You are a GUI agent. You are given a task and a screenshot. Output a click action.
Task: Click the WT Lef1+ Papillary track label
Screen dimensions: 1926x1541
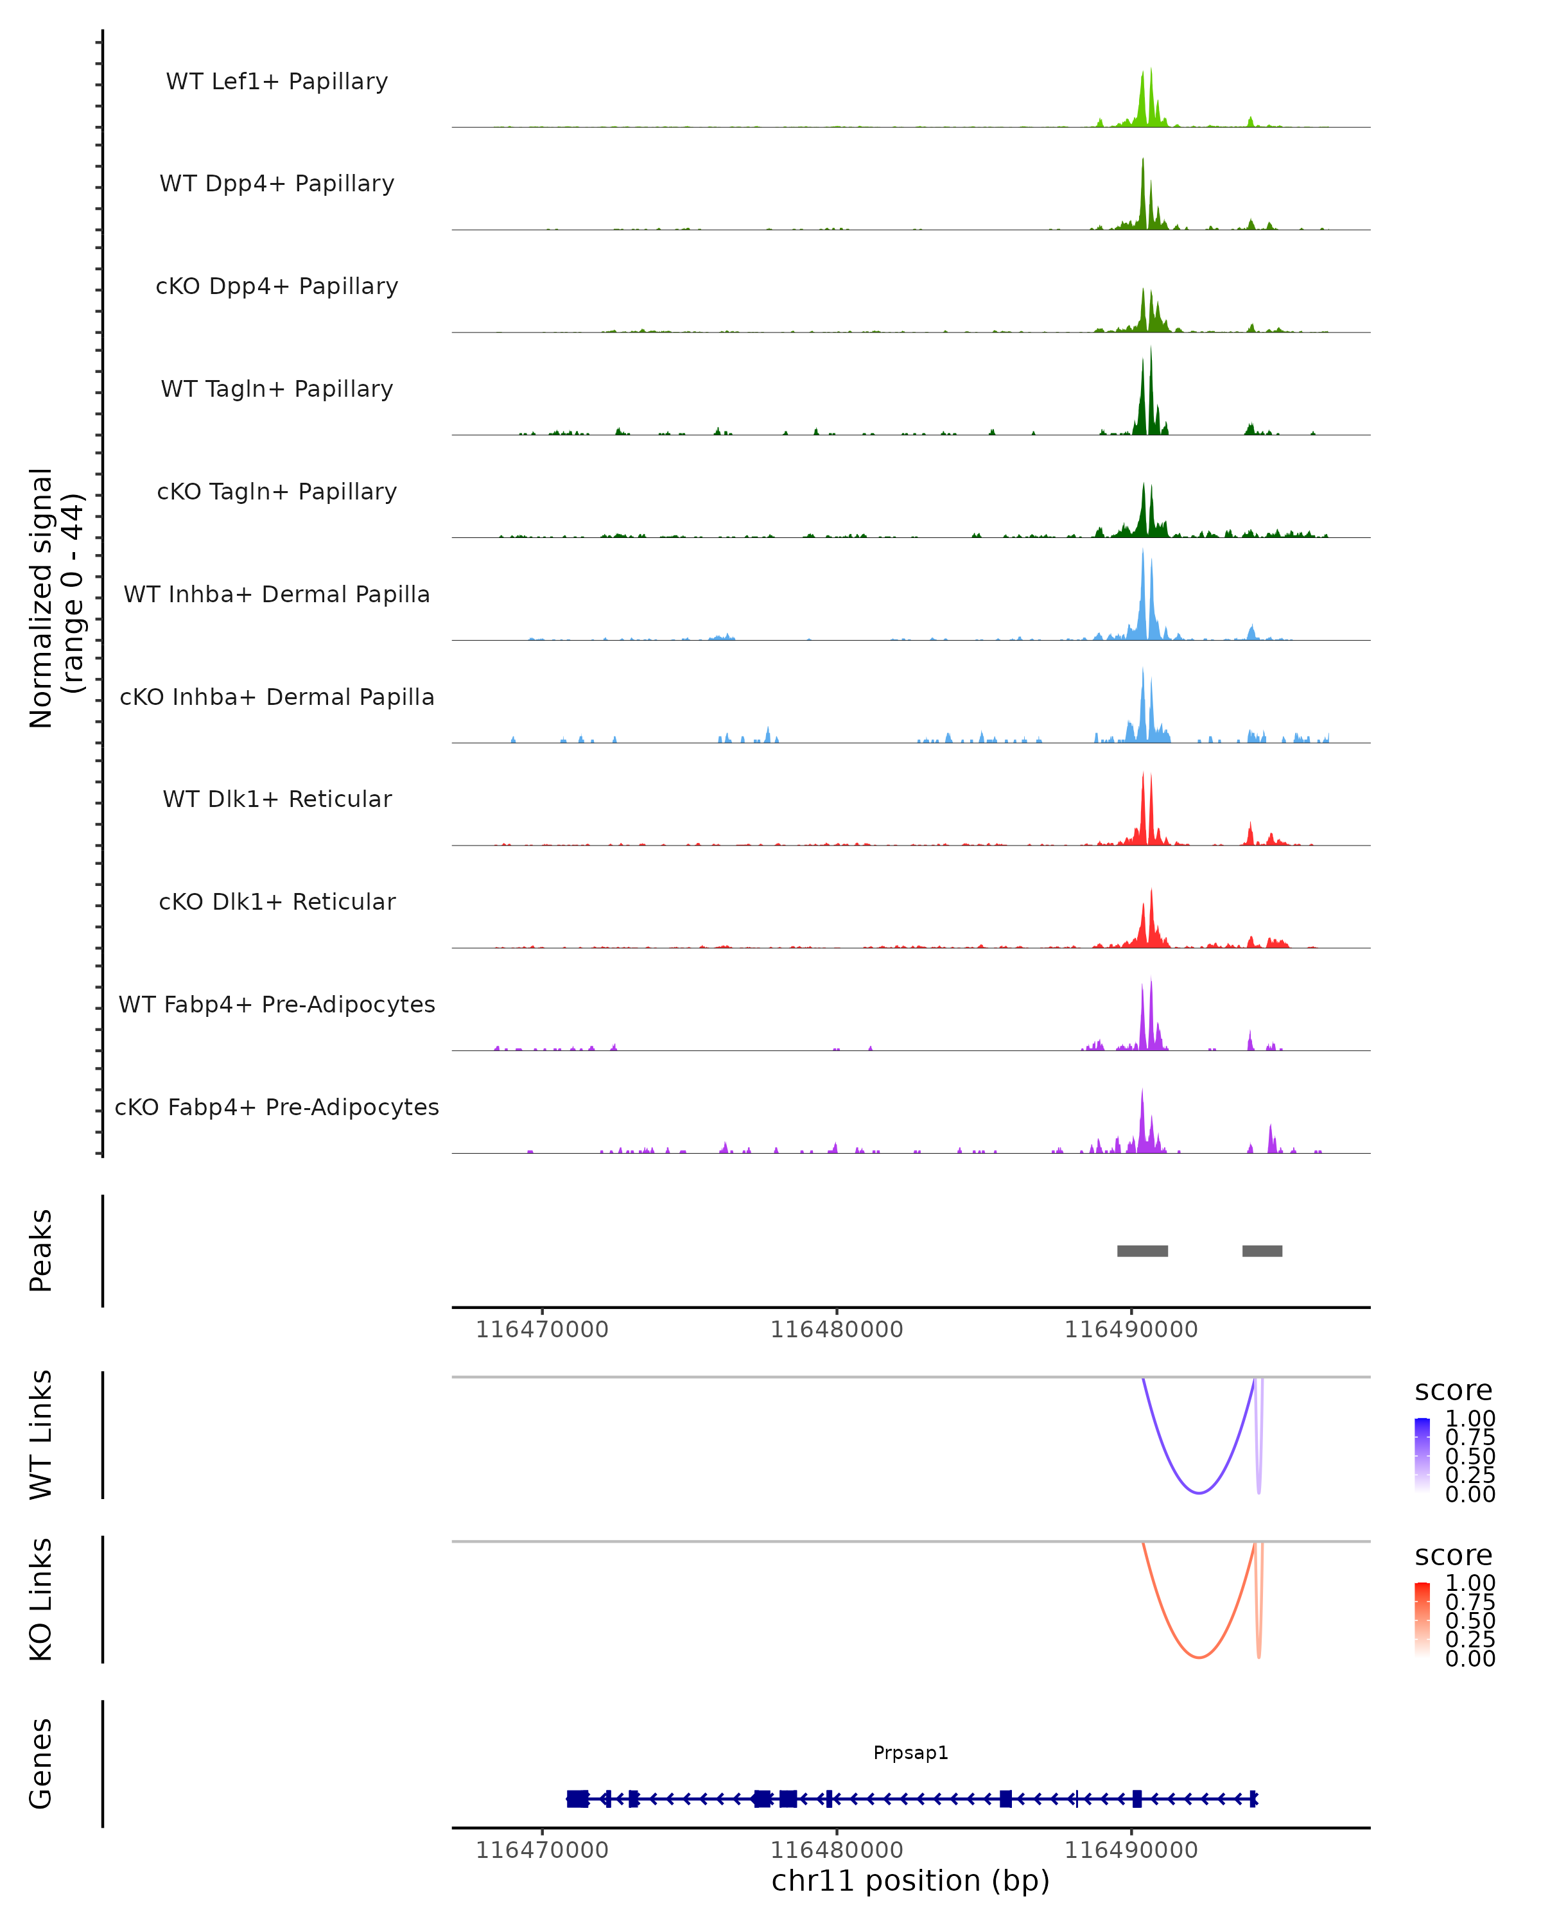(277, 82)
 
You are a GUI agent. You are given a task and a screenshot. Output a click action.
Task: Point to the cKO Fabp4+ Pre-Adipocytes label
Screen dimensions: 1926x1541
(277, 1107)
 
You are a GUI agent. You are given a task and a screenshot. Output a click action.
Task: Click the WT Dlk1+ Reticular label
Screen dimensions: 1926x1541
(277, 799)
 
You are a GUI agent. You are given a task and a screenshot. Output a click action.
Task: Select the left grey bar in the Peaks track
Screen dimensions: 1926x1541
(1142, 1251)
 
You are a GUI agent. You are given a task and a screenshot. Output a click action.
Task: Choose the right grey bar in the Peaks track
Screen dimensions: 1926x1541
(1262, 1251)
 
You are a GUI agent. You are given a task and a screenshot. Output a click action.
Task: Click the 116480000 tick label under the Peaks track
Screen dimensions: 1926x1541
(837, 1330)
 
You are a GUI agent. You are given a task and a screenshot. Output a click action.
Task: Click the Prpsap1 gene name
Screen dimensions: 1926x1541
(910, 1753)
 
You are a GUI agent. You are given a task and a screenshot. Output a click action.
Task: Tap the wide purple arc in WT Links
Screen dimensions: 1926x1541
(1199, 1493)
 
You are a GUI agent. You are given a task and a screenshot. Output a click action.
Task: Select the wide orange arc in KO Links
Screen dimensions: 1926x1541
(1199, 1657)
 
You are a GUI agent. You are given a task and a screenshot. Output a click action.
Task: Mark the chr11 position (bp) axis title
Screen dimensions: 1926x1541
(910, 1881)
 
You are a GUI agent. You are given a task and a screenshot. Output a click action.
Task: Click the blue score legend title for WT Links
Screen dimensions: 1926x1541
(1454, 1391)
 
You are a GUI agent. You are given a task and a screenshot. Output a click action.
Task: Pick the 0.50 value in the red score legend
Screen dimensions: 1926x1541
(1470, 1620)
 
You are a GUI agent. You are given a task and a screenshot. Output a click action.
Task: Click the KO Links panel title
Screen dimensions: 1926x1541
(40, 1600)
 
